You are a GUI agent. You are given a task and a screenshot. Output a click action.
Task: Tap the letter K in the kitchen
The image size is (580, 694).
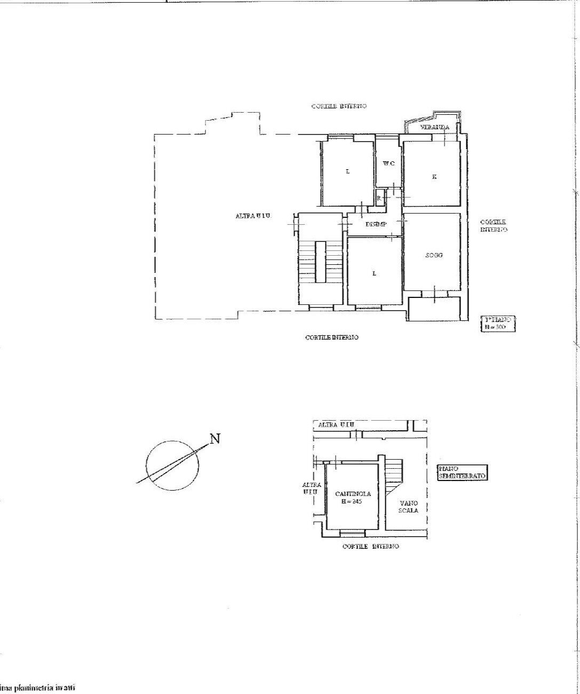click(x=434, y=176)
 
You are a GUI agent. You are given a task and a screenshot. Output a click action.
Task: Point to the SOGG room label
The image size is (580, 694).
click(x=434, y=255)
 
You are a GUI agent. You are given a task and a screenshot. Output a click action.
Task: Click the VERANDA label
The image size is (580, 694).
click(x=434, y=127)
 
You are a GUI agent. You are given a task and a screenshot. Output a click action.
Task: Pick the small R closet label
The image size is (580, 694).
click(x=378, y=198)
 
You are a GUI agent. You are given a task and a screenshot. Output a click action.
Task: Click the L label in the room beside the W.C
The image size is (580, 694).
click(x=347, y=171)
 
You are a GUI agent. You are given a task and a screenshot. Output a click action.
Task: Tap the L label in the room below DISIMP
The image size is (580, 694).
click(x=374, y=273)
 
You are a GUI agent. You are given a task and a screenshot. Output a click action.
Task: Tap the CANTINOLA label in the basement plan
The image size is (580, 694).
click(x=353, y=494)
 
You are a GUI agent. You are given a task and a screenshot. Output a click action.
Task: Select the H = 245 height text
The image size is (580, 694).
click(x=353, y=501)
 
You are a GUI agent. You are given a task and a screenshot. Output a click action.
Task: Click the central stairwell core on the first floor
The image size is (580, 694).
click(x=320, y=262)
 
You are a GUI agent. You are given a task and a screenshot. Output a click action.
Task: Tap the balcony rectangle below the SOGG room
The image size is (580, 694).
click(x=434, y=308)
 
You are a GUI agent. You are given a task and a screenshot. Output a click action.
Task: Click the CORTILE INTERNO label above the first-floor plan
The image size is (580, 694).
click(x=339, y=106)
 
